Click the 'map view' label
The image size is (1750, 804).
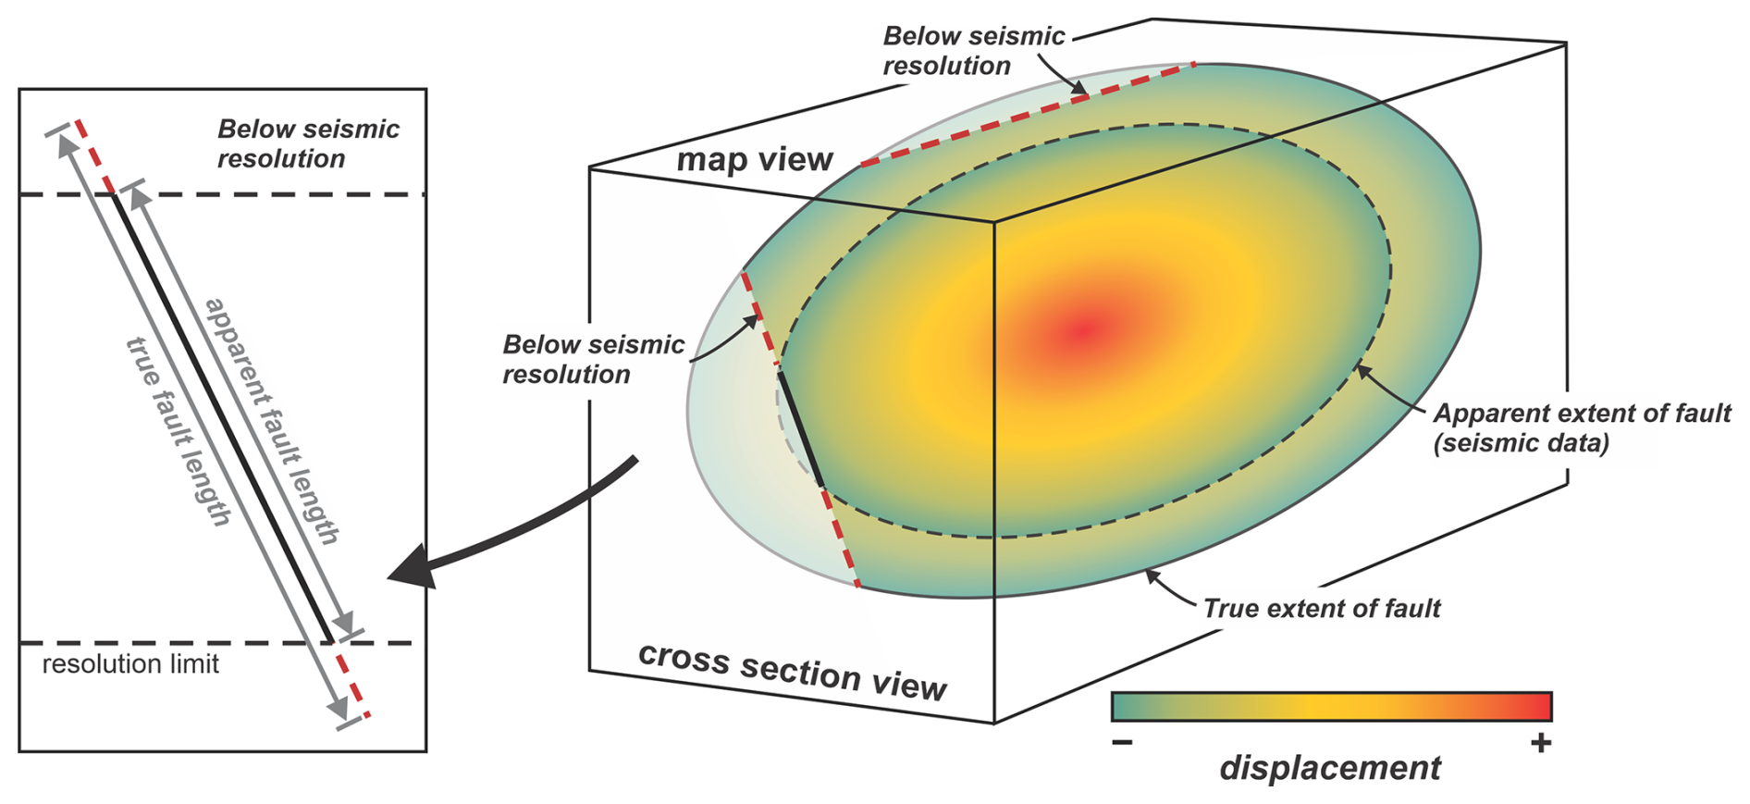[x=755, y=160]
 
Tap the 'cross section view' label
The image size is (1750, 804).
[x=792, y=671]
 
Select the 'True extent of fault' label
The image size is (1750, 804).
[x=1321, y=609]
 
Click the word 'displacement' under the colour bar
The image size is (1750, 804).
[x=1329, y=768]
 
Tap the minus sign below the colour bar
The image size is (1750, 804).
[x=1122, y=743]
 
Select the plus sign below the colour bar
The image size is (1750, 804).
[x=1540, y=743]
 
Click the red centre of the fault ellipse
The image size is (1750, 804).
[x=1084, y=330]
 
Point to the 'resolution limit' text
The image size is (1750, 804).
[x=130, y=664]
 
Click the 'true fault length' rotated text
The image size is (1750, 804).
[x=178, y=432]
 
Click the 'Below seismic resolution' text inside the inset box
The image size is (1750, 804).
[x=308, y=143]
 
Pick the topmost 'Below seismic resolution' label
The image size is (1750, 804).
[x=973, y=51]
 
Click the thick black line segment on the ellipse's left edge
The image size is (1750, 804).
[x=801, y=429]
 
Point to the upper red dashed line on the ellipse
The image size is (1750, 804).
[x=1027, y=114]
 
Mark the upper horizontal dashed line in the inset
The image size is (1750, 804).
[x=277, y=194]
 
